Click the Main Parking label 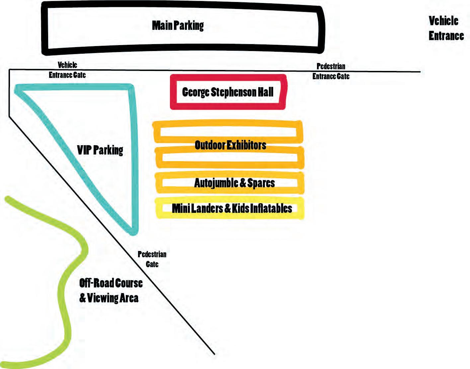(x=178, y=26)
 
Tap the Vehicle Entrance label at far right (x=446, y=28)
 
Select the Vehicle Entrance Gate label (x=67, y=70)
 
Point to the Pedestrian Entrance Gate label (x=331, y=71)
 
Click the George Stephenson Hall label (x=228, y=92)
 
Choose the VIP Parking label (x=100, y=150)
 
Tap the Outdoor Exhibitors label (x=230, y=145)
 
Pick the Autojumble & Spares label (x=234, y=183)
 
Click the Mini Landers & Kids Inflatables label (x=232, y=208)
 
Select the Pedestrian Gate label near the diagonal (x=152, y=259)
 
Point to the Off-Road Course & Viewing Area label (x=111, y=290)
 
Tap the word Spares (x=261, y=183)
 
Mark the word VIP (x=84, y=150)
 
